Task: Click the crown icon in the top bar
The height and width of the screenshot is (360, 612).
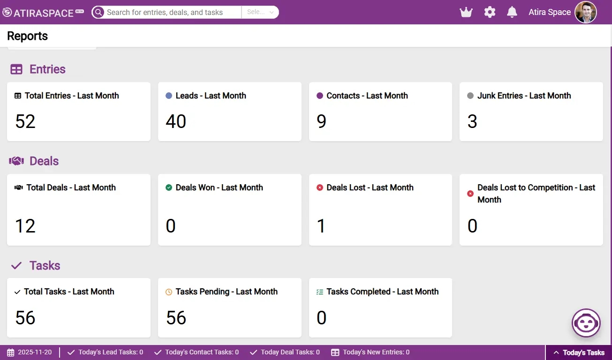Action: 466,12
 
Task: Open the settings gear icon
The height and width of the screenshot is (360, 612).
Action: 490,12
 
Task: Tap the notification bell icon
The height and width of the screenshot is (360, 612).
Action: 512,12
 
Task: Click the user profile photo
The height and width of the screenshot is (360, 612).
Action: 586,12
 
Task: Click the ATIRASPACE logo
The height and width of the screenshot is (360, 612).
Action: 43,13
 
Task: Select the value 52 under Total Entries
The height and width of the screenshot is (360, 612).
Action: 25,121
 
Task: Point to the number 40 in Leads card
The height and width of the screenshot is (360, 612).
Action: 176,121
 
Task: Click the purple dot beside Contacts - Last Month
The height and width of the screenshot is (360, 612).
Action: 320,96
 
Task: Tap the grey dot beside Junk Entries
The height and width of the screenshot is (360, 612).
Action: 470,96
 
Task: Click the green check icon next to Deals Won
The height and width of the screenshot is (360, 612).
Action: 169,187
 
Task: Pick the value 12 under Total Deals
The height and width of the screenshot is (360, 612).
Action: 25,226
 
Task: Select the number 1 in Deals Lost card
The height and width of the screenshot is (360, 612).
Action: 321,226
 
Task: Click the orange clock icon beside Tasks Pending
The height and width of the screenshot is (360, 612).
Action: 169,292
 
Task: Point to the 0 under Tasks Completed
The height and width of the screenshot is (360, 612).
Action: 321,318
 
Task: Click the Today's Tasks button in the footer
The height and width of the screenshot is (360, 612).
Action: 579,352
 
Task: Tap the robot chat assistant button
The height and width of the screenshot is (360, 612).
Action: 586,323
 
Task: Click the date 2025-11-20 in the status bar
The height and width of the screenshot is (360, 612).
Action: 35,352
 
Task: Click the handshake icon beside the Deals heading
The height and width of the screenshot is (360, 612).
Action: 16,161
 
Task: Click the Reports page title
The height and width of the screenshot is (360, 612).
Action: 27,36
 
